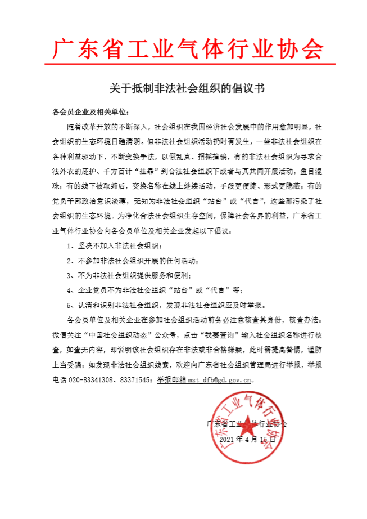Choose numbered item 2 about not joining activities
point(132,261)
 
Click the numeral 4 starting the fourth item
point(69,290)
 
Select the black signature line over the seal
point(247,423)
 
